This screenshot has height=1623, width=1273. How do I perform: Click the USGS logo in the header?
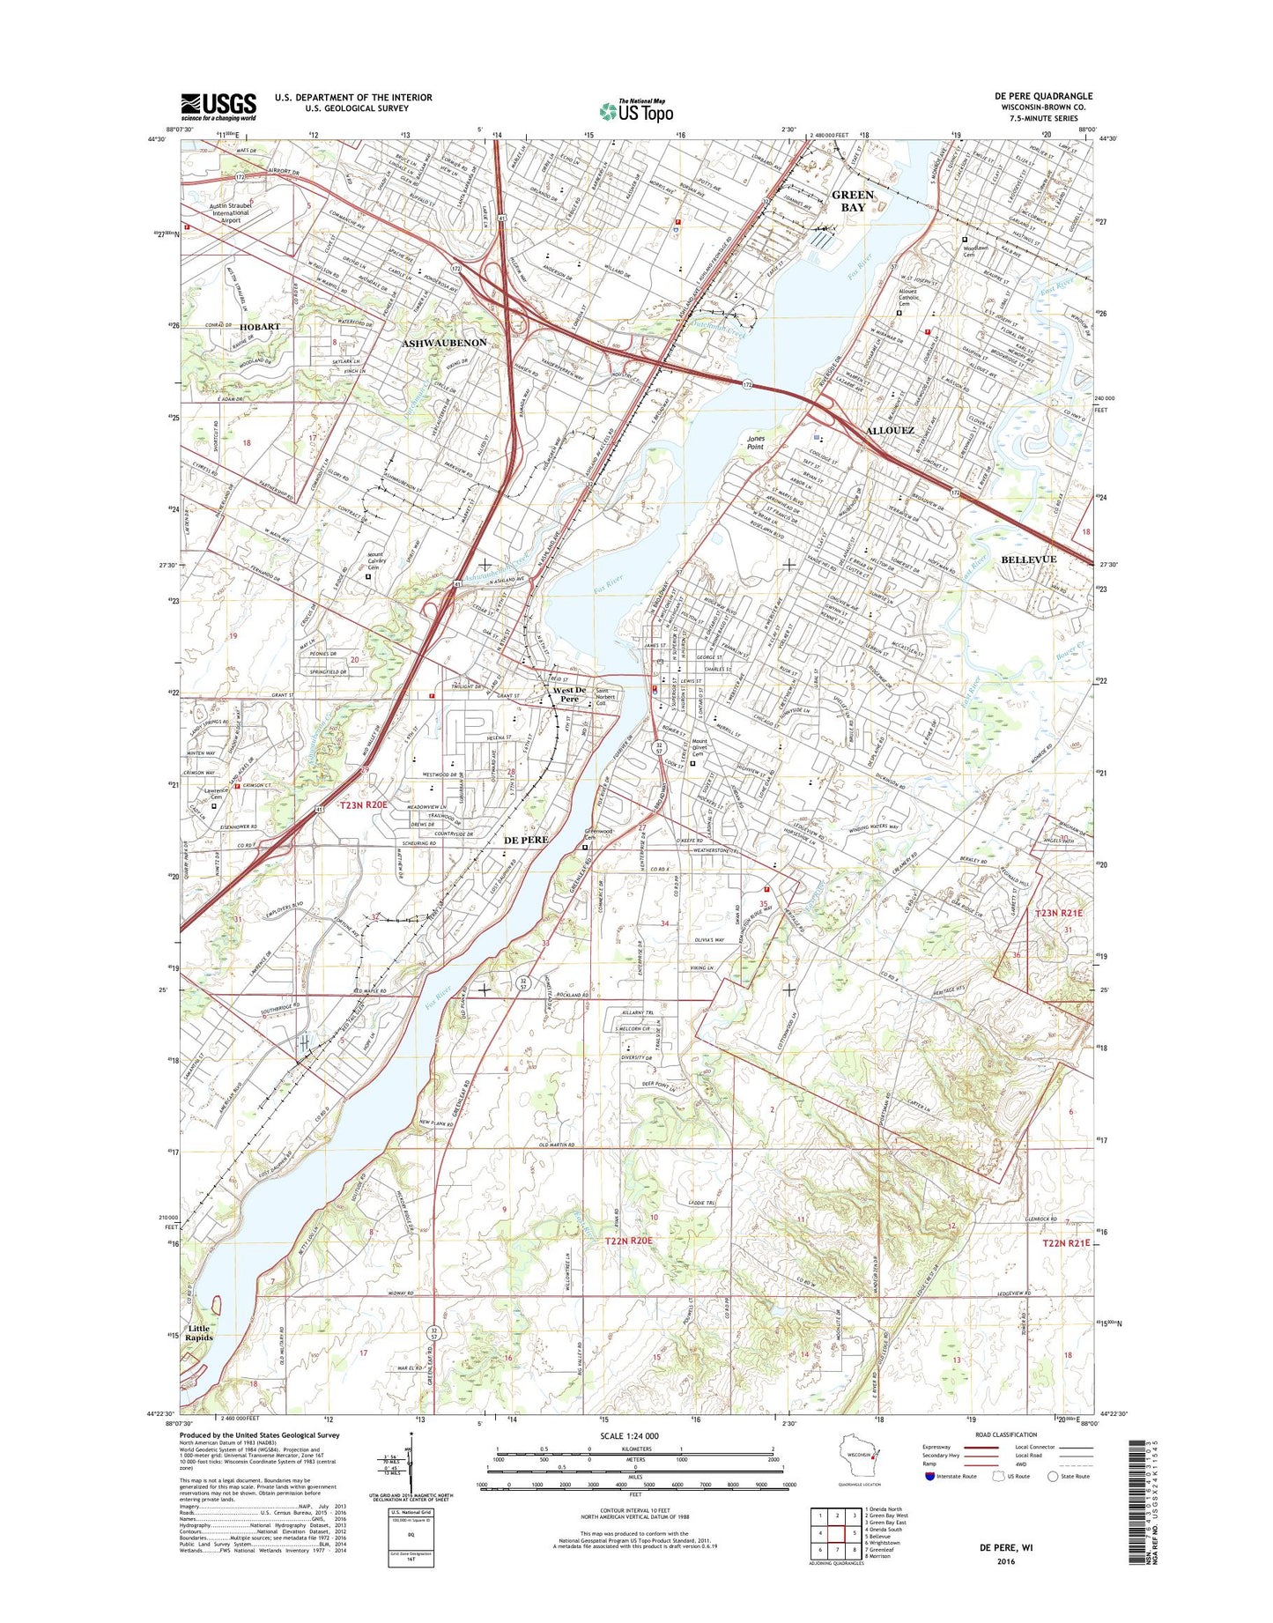[x=218, y=106]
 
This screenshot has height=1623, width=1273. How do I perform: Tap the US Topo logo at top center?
[x=636, y=111]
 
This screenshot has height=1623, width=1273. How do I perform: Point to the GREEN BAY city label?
[x=853, y=201]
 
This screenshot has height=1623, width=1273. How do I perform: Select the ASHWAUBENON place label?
[x=445, y=342]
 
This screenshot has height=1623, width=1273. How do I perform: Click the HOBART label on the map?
[x=259, y=326]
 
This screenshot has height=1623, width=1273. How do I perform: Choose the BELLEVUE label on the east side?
[x=1028, y=560]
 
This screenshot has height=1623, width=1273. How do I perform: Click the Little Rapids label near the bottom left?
[x=199, y=1332]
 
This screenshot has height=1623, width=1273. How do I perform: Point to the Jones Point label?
[x=756, y=442]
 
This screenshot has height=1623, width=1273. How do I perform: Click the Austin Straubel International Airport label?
[x=230, y=212]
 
